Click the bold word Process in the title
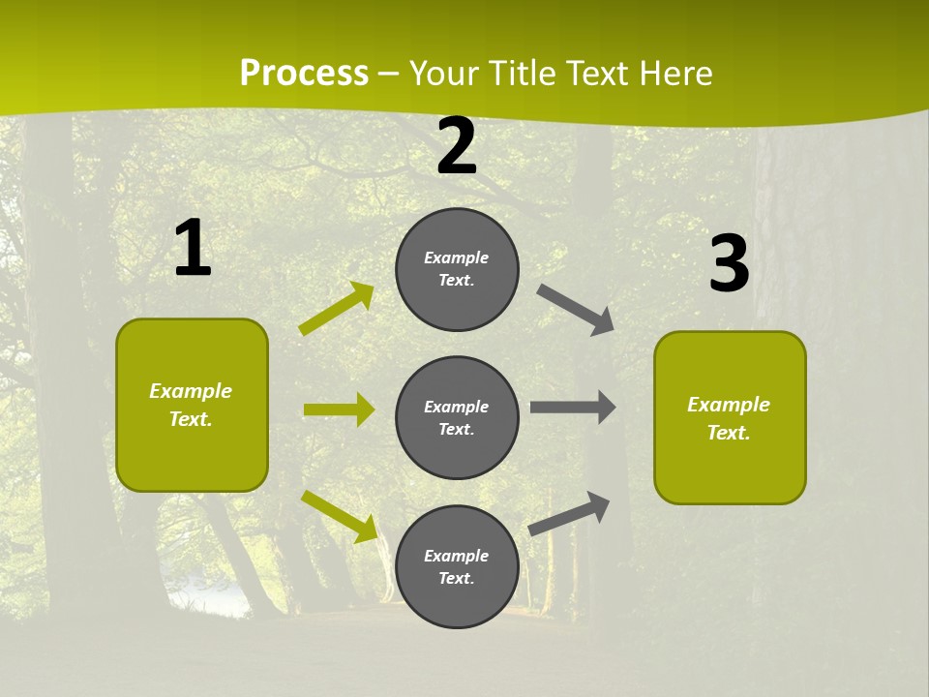(x=304, y=74)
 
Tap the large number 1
(x=193, y=249)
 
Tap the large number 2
(x=457, y=146)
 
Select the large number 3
(x=729, y=263)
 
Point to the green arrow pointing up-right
(x=337, y=309)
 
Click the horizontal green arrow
(x=339, y=409)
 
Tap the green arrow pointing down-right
(x=339, y=515)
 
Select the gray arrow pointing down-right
(x=576, y=310)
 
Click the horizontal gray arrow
(x=573, y=407)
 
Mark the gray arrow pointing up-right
(x=570, y=513)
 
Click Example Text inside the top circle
(x=457, y=269)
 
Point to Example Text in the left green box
(x=191, y=405)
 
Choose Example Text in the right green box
(x=729, y=418)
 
